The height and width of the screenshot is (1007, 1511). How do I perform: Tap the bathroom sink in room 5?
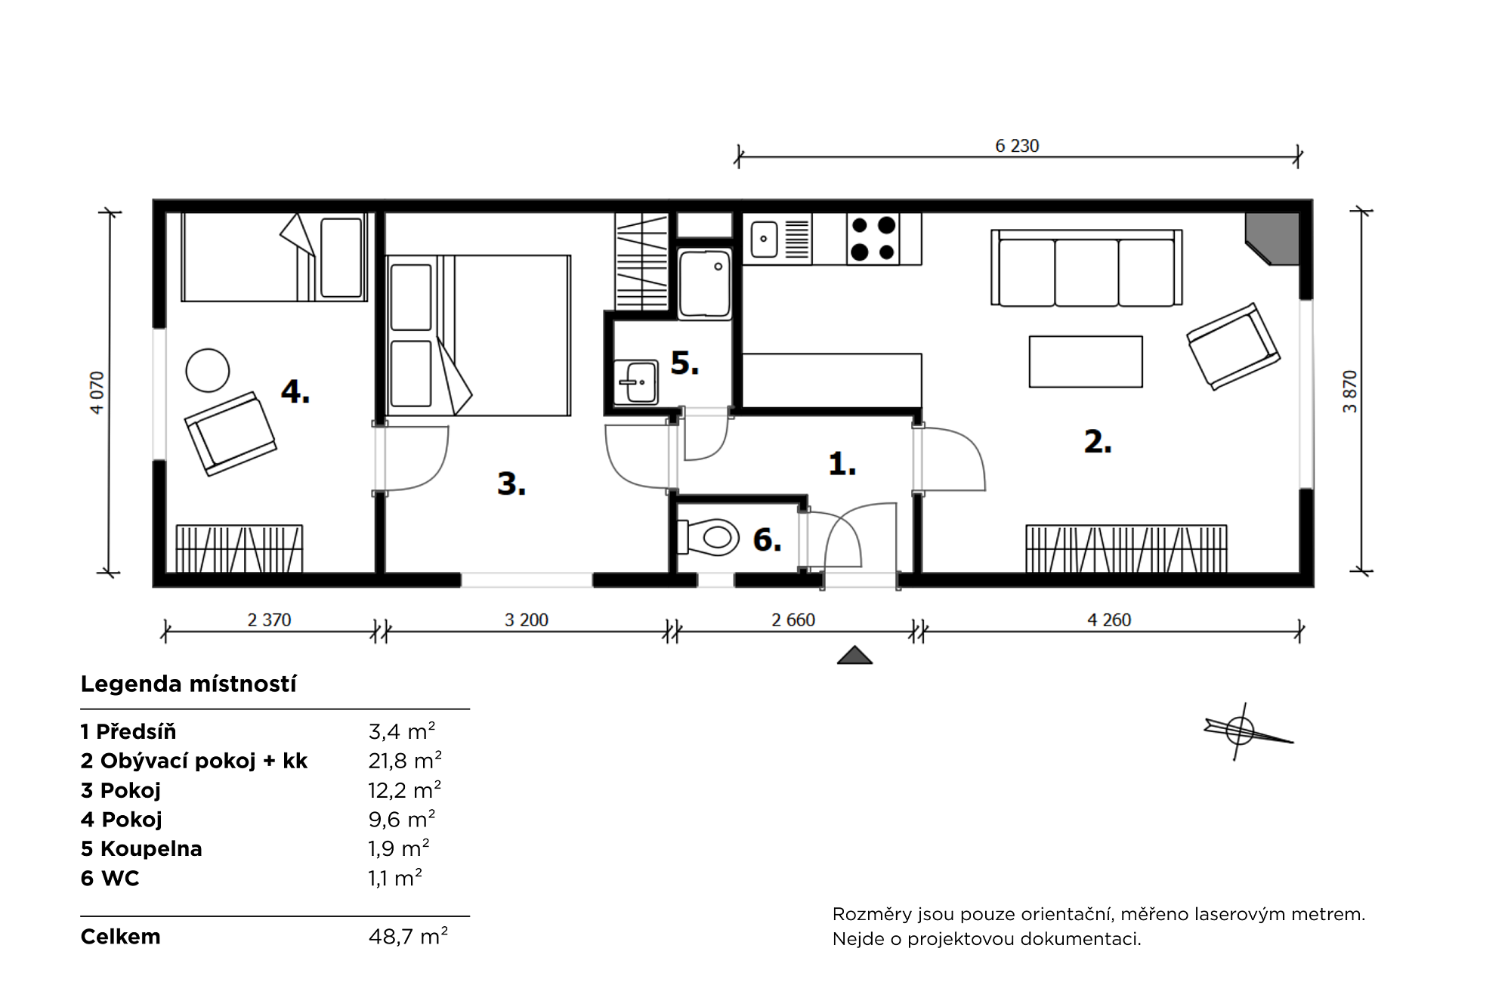coord(636,381)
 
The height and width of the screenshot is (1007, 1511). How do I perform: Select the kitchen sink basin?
coord(764,239)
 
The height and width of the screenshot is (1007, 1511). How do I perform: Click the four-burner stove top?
coord(873,238)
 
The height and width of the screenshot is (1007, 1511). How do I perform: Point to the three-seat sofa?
coord(1086,268)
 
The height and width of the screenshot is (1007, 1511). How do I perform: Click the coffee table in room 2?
coord(1086,362)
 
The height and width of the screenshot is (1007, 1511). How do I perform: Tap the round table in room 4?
coord(208,370)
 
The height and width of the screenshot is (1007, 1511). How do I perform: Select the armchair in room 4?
coord(230,434)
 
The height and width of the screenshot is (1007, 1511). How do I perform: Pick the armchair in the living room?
coord(1233,347)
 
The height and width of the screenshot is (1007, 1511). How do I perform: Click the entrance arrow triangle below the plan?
coord(854,655)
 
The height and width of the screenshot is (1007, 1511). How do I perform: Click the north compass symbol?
coord(1245,731)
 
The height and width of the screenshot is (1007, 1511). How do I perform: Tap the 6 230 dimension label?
coord(1017,146)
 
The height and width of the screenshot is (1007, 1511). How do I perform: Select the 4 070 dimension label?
coord(97,392)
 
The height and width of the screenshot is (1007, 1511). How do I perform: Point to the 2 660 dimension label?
coord(793,620)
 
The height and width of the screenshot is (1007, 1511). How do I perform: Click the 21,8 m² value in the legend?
coord(405,760)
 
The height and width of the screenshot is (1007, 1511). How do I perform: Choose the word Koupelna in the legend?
coord(151,849)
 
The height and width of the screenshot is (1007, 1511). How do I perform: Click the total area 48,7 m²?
coord(408,936)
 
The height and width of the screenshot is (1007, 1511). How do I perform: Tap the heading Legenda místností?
coord(188,684)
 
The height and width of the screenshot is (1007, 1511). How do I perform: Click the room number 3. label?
coord(511,483)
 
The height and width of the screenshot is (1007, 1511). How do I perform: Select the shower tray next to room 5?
coord(705,284)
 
